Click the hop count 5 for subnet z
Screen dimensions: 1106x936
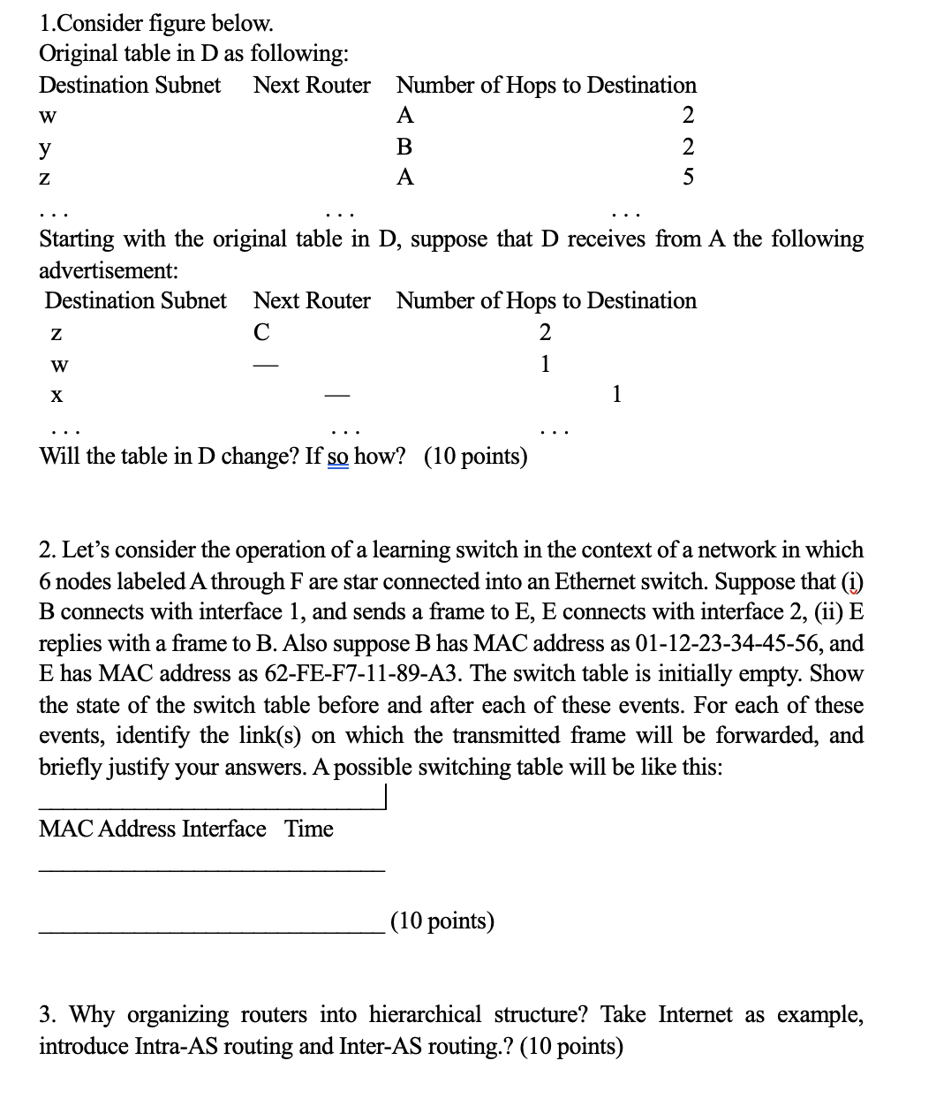coord(689,178)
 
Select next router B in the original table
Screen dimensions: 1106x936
coord(405,147)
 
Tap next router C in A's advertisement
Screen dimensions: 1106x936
coord(261,332)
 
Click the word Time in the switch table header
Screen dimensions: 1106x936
coord(309,829)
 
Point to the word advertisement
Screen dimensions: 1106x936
coord(109,269)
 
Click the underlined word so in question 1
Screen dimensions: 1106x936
coord(337,457)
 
